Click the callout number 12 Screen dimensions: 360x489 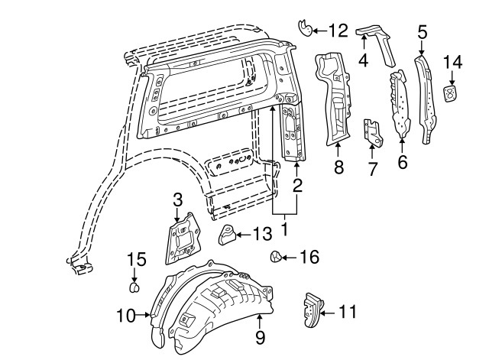click(337, 31)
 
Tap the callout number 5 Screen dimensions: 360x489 click(422, 32)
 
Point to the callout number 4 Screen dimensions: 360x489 click(364, 58)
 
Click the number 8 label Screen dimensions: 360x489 click(338, 167)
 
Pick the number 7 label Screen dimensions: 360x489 click(372, 168)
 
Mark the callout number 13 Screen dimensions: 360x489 click(261, 234)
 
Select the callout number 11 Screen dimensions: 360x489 click(348, 311)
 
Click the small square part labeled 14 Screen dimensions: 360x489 click(453, 94)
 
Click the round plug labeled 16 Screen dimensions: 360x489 click(277, 257)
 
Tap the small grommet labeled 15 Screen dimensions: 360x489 click(135, 288)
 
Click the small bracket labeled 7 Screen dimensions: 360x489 click(372, 131)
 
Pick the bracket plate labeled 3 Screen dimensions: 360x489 click(180, 238)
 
